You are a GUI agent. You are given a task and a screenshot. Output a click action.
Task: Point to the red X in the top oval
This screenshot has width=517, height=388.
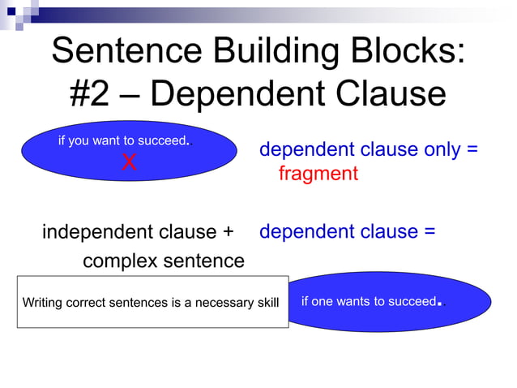[128, 162]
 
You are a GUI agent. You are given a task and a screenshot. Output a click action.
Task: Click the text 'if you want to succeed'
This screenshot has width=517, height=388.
[122, 140]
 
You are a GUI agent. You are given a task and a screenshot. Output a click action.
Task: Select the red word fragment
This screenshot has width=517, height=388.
[318, 174]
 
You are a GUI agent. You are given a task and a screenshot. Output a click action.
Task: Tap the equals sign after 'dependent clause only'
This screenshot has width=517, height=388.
[472, 151]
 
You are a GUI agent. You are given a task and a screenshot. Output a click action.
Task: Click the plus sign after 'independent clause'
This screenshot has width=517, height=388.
[227, 232]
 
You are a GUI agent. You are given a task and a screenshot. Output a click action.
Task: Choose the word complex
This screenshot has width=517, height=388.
[117, 261]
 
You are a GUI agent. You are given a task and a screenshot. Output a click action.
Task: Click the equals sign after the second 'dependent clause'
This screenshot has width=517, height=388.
[429, 232]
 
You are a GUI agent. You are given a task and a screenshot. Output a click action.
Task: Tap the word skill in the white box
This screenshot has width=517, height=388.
[267, 303]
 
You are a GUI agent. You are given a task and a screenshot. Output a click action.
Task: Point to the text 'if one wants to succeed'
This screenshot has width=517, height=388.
[368, 302]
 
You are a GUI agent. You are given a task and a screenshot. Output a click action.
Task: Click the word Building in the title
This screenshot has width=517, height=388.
[268, 50]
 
